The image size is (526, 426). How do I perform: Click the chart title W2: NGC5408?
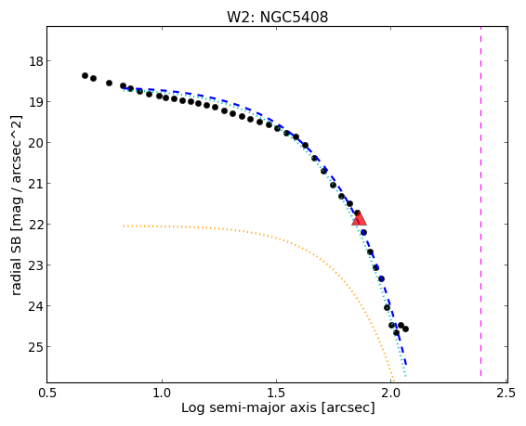click(x=277, y=17)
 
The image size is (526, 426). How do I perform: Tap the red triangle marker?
click(x=359, y=219)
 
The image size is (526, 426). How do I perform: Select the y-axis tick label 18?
click(x=33, y=61)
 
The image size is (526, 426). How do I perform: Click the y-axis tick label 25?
click(x=33, y=346)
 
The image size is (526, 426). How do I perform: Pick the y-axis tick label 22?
click(x=33, y=224)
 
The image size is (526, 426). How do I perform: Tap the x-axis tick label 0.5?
click(x=47, y=393)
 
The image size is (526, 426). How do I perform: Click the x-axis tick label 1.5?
click(x=276, y=393)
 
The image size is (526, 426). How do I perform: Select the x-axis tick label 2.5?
click(x=506, y=393)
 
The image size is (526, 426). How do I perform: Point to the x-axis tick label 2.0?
click(x=391, y=393)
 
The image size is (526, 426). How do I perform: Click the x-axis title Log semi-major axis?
click(x=249, y=408)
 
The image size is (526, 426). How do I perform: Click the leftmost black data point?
click(x=85, y=76)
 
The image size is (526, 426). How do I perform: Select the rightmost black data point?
click(x=405, y=329)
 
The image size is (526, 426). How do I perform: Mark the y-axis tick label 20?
click(x=33, y=143)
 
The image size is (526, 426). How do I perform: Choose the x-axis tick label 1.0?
click(x=162, y=393)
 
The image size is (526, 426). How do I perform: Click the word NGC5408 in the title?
click(x=294, y=17)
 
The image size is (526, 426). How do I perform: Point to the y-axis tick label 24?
click(x=33, y=305)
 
